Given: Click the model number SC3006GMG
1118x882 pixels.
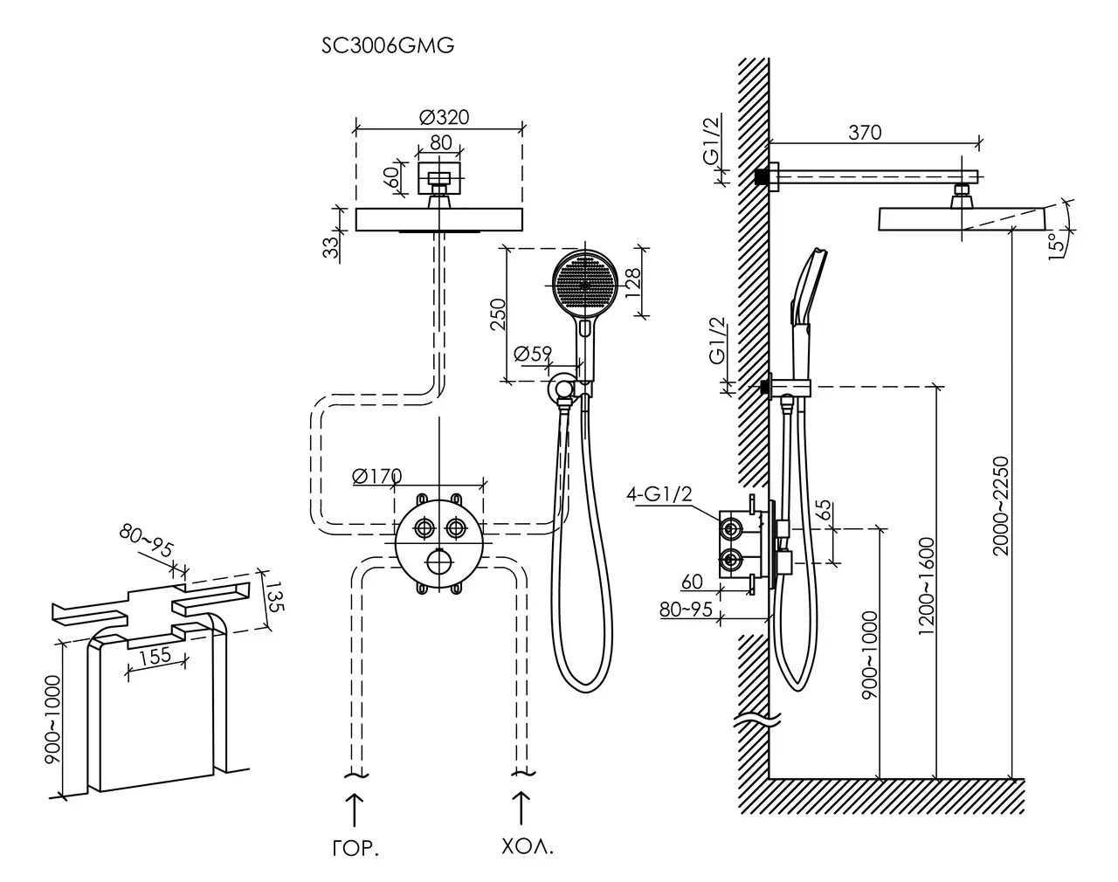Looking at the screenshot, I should (x=389, y=47).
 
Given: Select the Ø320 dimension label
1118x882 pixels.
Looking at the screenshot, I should (x=445, y=117).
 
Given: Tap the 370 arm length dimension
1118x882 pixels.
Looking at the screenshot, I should (x=865, y=133).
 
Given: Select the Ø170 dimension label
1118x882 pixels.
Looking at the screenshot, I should (x=376, y=476).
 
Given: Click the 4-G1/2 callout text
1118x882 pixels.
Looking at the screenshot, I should (x=659, y=495).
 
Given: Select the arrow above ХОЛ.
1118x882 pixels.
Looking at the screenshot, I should (x=522, y=808).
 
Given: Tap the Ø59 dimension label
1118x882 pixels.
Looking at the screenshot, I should (x=533, y=354).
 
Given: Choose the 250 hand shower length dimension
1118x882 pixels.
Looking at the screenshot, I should (x=497, y=314).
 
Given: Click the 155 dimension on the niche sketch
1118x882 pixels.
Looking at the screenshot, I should (x=155, y=658).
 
